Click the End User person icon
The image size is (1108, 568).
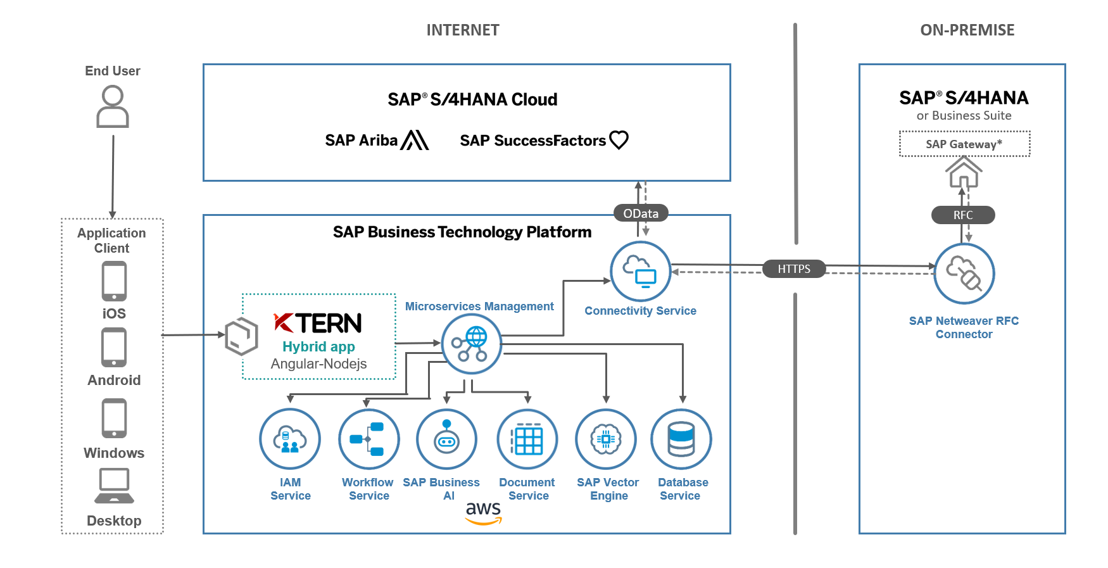113,107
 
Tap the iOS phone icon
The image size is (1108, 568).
114,281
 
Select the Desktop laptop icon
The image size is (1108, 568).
114,486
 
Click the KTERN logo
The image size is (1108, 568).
318,323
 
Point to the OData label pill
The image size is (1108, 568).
641,213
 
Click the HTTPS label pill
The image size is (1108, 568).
794,269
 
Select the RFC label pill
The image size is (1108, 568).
963,215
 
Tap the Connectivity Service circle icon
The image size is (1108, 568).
640,272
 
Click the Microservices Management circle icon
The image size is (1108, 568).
471,344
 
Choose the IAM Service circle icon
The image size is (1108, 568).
290,439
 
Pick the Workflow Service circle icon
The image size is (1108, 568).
368,439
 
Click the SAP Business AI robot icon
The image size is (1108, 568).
446,439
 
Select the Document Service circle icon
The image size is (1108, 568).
527,439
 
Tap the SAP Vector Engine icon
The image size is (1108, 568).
606,439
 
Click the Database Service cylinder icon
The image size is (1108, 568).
681,439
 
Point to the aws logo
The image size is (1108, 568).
483,512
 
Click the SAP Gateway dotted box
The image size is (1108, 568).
964,144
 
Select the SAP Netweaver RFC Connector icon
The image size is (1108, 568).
964,274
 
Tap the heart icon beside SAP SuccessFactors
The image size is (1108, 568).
619,139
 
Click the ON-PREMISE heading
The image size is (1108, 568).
967,30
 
